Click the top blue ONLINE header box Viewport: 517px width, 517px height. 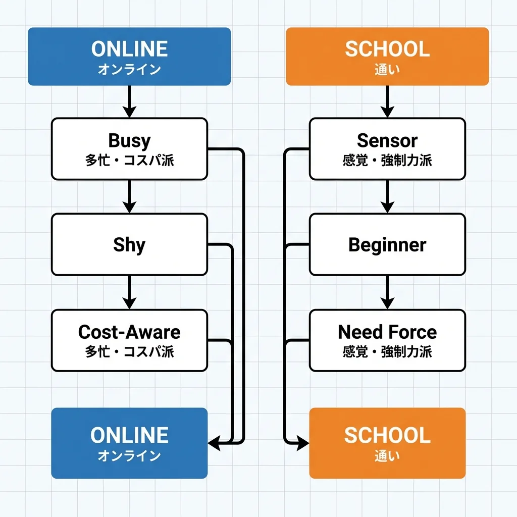129,56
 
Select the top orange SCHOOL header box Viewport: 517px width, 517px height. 387,56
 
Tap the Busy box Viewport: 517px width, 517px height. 129,148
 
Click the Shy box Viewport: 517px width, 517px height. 129,244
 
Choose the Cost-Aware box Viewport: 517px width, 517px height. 129,340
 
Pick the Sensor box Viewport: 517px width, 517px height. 387,148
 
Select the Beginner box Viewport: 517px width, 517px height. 387,244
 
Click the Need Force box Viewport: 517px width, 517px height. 387,340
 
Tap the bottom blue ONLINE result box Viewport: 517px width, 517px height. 129,443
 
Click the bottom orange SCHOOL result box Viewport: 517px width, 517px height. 387,443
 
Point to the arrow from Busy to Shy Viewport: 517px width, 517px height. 129,196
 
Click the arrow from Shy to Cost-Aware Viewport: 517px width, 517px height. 129,292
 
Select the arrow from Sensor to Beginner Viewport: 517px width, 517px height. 387,196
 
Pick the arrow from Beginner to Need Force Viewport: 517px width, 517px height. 387,292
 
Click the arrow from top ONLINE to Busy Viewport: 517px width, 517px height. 129,101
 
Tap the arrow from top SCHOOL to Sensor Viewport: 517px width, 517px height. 387,101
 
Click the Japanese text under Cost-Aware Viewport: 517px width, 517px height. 129,351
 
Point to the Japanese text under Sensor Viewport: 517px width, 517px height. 387,161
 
